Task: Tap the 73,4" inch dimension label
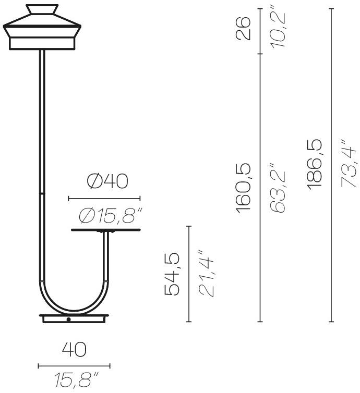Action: (x=349, y=164)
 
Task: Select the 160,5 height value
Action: (x=244, y=188)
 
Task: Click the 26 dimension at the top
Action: (x=244, y=28)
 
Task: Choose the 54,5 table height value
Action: (x=173, y=274)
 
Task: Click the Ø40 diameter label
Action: (x=107, y=181)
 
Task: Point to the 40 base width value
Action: (x=74, y=350)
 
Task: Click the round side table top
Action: (x=105, y=230)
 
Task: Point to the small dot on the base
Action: (x=68, y=319)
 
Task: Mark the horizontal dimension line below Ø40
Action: (x=104, y=198)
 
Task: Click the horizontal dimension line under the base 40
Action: (x=74, y=366)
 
